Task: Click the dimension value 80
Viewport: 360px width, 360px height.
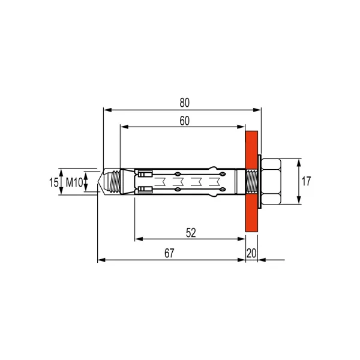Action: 185,103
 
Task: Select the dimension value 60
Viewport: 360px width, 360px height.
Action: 185,121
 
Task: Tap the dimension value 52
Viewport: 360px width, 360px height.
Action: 191,233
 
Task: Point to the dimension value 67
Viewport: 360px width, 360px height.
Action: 169,253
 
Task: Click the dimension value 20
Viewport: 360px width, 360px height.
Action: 251,253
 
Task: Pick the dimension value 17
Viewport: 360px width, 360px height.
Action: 306,181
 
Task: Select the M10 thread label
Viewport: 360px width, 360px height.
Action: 74,183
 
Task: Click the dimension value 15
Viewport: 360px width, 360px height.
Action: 54,183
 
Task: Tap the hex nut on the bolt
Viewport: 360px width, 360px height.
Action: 271,181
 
